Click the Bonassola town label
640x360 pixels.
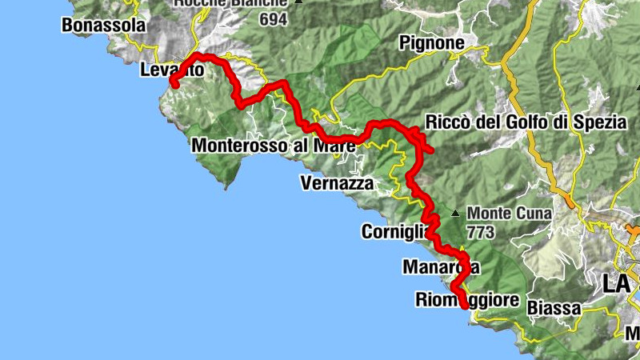[x=104, y=26]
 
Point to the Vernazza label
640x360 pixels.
[x=337, y=183]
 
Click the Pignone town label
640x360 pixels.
[x=431, y=42]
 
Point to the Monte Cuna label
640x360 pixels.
[x=505, y=214]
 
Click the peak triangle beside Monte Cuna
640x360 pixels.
[x=454, y=214]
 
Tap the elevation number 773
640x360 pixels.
[x=482, y=232]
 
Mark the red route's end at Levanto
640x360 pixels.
[x=172, y=84]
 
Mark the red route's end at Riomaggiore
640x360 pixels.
[x=465, y=305]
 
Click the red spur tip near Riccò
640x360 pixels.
[x=431, y=150]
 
